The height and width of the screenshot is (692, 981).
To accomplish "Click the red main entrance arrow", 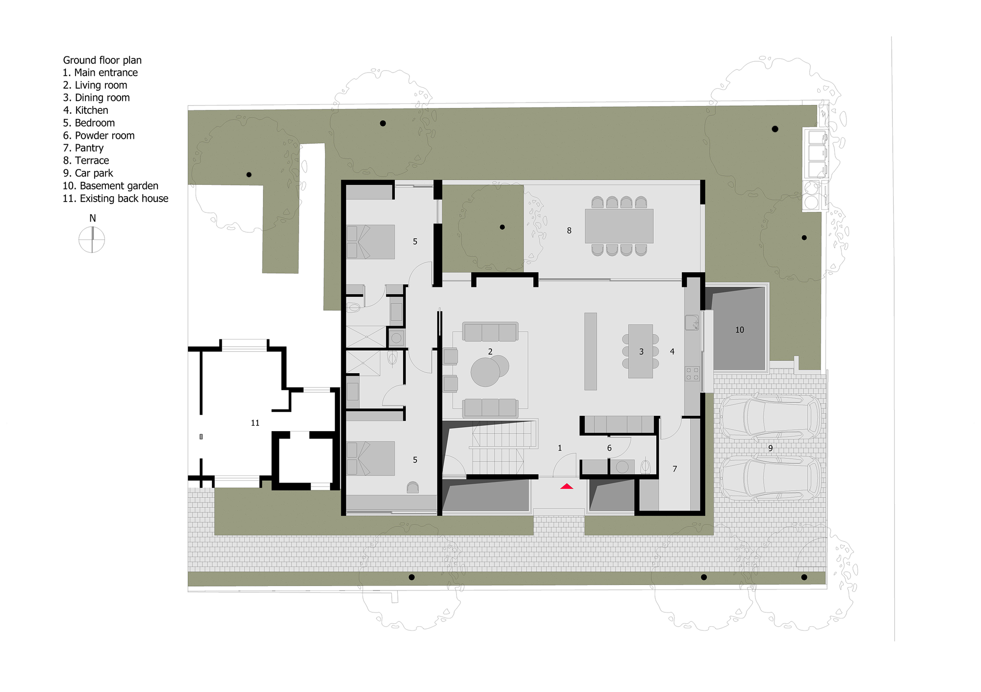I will [567, 487].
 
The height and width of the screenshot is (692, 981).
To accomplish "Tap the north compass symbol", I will [92, 240].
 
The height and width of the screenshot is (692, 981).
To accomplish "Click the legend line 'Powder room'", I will [99, 135].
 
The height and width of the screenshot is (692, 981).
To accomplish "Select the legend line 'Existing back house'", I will [115, 199].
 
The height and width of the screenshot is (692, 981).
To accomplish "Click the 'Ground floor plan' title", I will [102, 60].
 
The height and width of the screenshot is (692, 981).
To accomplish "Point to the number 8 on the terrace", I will [569, 231].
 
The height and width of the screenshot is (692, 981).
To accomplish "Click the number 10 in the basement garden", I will [740, 330].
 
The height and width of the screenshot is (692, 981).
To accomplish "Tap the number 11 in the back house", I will [255, 423].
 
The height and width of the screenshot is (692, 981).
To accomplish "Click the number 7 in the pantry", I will [674, 469].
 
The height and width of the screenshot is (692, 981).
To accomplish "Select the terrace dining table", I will [619, 226].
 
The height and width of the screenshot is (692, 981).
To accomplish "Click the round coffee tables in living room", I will [489, 371].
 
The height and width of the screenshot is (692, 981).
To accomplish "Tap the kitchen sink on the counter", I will [692, 322].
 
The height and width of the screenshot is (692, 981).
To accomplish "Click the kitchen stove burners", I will [692, 374].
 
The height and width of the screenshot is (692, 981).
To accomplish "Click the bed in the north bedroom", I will [371, 242].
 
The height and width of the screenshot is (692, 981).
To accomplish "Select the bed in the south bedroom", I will [371, 459].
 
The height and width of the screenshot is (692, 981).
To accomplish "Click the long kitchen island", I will [591, 351].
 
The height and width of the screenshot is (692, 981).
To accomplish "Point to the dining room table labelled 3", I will [641, 351].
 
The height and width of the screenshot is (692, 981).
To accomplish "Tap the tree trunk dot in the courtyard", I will [502, 227].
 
